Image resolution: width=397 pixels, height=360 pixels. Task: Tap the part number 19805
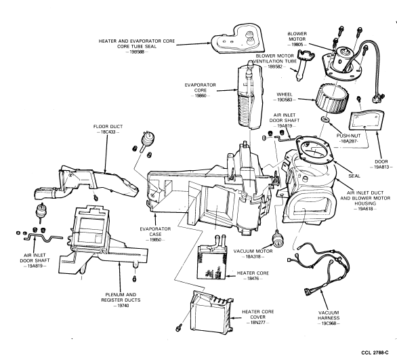297,45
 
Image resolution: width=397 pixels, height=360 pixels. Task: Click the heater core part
211,261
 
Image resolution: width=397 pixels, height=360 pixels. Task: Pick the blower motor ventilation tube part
304,64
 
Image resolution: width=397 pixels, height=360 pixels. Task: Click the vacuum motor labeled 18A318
278,239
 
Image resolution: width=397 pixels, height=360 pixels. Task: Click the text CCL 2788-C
375,353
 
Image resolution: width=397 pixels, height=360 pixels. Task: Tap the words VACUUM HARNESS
329,315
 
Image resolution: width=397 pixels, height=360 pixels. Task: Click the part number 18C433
108,132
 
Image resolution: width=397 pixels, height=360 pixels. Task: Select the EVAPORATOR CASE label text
155,232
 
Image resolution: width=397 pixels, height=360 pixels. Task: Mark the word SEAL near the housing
354,176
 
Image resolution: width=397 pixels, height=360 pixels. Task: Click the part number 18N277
257,323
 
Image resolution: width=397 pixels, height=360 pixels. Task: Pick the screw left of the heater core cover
179,328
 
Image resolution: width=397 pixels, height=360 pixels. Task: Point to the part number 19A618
365,209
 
